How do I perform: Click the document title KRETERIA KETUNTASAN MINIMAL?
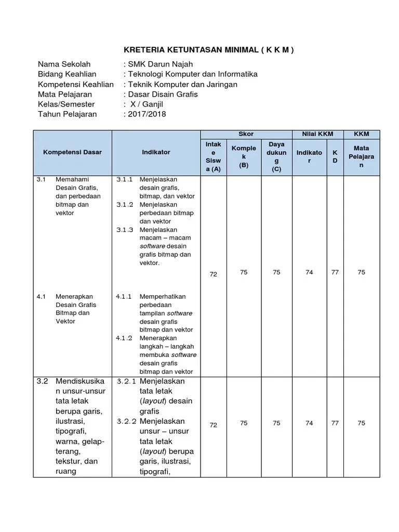coord(208,50)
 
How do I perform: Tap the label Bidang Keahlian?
coord(67,74)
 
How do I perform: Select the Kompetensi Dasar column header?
coord(72,152)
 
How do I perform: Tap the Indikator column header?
coord(156,152)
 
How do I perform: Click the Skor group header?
coord(246,134)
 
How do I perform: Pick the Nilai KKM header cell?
coord(317,134)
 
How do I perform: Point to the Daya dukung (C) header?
coord(276,156)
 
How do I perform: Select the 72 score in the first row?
coord(213,274)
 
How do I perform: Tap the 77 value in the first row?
coord(335,272)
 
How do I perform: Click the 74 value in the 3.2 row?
coord(309,423)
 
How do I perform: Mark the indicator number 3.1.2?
coord(125,205)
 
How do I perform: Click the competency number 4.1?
coord(42,297)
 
